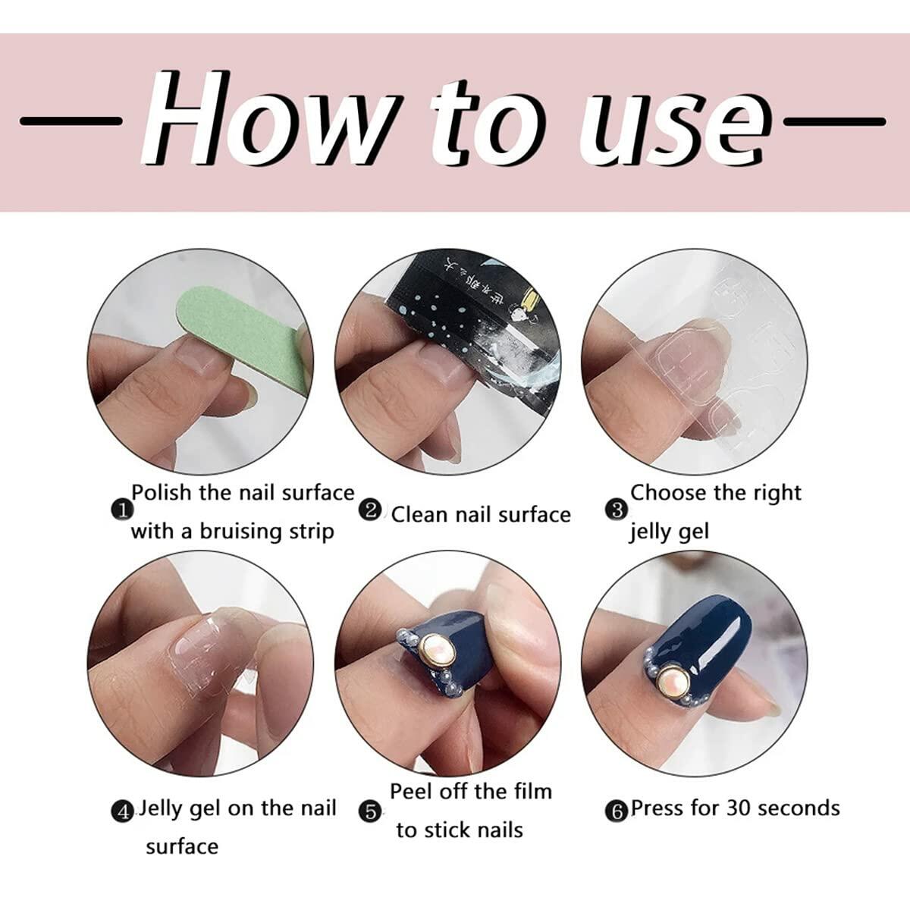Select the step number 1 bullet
pos(120,510)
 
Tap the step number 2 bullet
pos(372,510)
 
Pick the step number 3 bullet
pos(617,510)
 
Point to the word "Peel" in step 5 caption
pos(414,792)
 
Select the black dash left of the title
pos(71,121)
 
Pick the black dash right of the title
pos(834,121)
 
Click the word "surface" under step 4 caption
pos(182,846)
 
